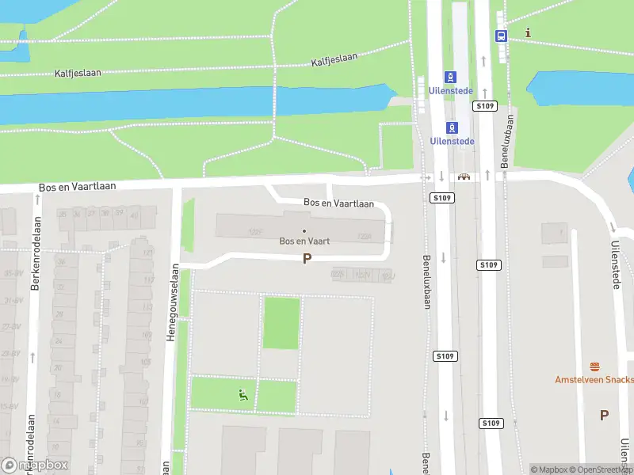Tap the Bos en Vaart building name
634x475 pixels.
click(304, 241)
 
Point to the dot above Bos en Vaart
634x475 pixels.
click(304, 231)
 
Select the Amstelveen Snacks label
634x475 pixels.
click(594, 380)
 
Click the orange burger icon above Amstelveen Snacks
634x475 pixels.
click(594, 367)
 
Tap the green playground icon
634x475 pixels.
click(244, 394)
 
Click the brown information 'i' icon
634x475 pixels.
click(529, 33)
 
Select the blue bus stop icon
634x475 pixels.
click(501, 36)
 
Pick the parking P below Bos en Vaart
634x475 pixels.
click(307, 258)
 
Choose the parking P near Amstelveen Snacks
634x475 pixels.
click(604, 415)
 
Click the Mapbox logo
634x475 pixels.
click(36, 465)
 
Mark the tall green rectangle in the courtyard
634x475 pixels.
click(281, 323)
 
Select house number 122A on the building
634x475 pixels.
click(365, 236)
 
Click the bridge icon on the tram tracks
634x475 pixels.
click(463, 176)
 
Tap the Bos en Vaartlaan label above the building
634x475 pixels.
click(338, 203)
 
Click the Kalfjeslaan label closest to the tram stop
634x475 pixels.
click(334, 59)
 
